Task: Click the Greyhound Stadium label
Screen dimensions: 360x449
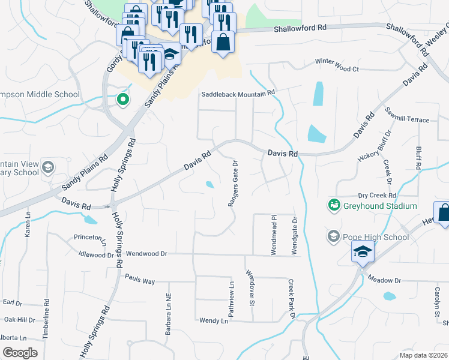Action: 379,206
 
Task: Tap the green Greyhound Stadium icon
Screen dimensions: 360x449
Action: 333,206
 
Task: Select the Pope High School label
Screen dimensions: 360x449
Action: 375,237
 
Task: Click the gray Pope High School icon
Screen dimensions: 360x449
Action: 333,236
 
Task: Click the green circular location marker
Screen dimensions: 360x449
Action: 123,100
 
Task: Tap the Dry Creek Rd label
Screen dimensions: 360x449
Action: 377,196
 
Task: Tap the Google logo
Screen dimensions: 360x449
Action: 20,352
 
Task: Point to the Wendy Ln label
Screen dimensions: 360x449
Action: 214,321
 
